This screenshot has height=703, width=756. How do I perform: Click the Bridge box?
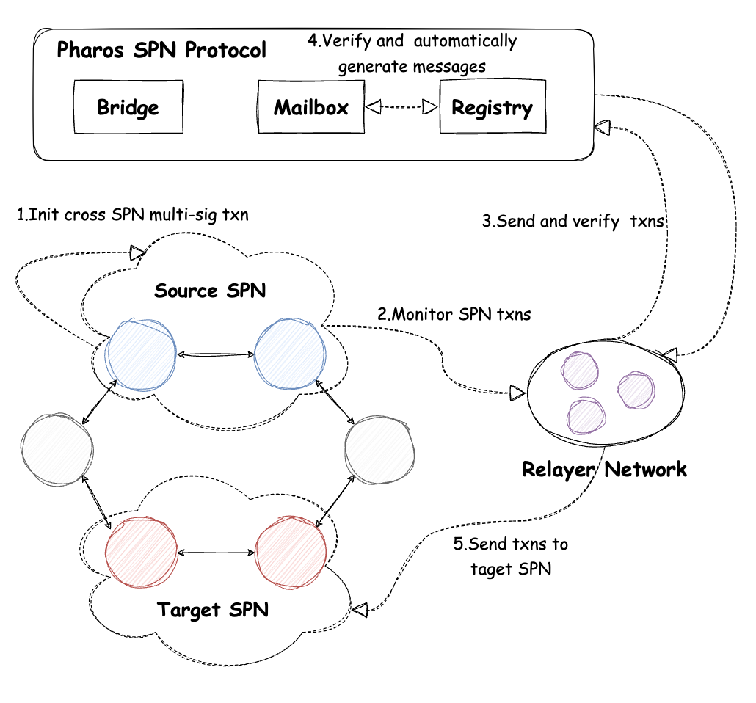128,107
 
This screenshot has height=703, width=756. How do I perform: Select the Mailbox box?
311,107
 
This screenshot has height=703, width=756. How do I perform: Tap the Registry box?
492,108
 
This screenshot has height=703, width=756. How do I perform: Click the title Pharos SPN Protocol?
161,51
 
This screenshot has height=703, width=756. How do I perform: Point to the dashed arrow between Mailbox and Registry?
401,108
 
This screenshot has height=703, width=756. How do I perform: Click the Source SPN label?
210,291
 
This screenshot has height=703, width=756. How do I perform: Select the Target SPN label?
213,609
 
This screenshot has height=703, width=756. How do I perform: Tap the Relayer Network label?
604,469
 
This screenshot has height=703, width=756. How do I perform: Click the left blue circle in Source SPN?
141,354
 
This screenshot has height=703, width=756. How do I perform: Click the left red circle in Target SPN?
142,553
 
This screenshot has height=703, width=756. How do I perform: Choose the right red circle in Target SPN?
291,553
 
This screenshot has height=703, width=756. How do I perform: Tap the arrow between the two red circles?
216,553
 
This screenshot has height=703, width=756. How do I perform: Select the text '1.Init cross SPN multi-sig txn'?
132,215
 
